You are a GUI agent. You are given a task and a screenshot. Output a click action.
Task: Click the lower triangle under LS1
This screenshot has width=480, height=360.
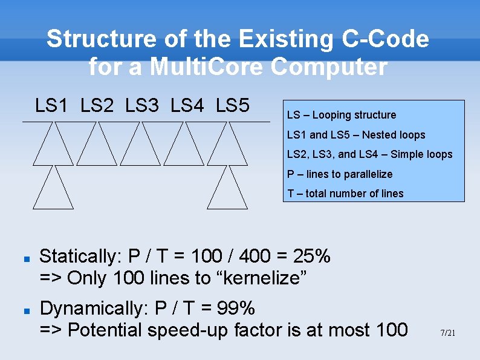point(53,191)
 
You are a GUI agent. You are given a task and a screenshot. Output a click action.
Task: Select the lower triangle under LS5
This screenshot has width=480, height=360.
point(227,191)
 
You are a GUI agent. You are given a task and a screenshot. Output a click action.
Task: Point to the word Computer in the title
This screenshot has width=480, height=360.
point(329,67)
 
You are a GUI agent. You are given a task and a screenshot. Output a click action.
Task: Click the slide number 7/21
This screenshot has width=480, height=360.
point(447,333)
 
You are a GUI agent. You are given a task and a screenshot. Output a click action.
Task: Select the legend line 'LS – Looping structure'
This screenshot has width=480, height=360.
point(342,115)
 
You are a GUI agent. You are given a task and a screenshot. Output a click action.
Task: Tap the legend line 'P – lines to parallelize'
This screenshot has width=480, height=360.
point(340,174)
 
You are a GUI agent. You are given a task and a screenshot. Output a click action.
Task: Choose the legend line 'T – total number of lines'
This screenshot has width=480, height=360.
point(345,194)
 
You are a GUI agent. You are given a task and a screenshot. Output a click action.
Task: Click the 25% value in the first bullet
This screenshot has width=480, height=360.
point(311,257)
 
